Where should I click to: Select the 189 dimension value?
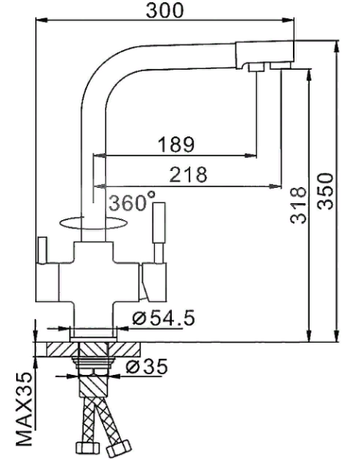click(x=176, y=144)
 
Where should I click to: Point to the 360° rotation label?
click(x=131, y=204)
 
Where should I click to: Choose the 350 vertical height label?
click(x=324, y=189)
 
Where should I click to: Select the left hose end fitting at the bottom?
click(x=82, y=447)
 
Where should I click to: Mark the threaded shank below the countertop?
click(x=93, y=356)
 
